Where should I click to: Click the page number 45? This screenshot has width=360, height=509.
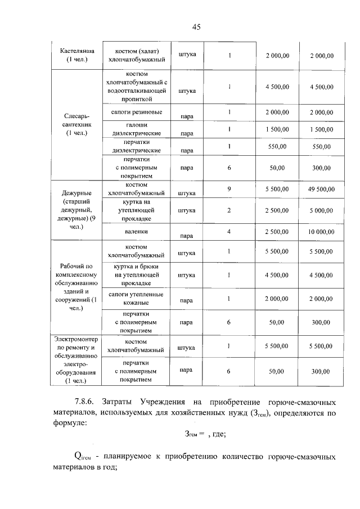(x=196, y=26)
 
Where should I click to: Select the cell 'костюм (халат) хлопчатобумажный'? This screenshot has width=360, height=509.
(x=136, y=55)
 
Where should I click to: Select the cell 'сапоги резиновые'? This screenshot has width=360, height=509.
(x=136, y=112)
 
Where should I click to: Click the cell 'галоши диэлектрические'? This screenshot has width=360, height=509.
(x=136, y=129)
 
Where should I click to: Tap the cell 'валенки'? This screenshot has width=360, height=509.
(x=136, y=231)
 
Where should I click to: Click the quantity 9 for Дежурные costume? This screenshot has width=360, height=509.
(x=229, y=189)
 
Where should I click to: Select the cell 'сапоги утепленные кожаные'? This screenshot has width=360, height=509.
(x=136, y=299)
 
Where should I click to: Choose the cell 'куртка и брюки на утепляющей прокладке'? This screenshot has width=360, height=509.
(x=136, y=275)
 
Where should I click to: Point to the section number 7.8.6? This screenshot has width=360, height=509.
(x=85, y=402)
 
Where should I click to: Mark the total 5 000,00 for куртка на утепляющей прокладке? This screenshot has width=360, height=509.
(x=321, y=210)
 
